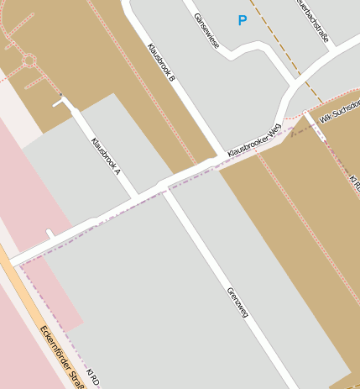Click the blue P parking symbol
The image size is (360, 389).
click(243, 20)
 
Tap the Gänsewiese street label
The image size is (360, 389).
click(206, 30)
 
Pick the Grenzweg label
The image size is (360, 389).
click(237, 303)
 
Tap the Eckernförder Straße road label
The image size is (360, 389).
click(63, 354)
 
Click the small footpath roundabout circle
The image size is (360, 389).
click(29, 60)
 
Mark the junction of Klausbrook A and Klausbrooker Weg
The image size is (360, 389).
click(137, 198)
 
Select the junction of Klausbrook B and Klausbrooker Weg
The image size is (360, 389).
click(223, 155)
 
